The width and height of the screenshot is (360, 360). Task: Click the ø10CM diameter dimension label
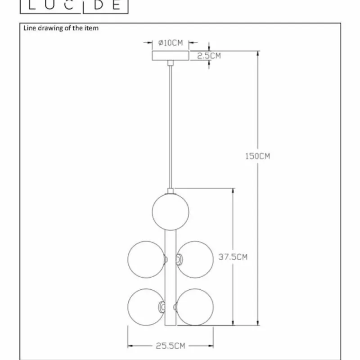coord(171,43)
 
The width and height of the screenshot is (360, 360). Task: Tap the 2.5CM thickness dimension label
coord(209,56)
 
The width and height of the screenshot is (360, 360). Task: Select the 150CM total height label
coord(257,156)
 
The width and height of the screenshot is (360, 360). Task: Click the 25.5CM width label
coord(171,346)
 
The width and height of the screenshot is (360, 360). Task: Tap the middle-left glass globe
coord(146,259)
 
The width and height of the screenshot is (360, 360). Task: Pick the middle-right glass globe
coord(195,259)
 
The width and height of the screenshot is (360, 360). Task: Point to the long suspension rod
coord(170,126)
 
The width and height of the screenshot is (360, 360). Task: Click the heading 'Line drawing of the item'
coord(61,28)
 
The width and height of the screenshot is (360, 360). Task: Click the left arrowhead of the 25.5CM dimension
coord(131,346)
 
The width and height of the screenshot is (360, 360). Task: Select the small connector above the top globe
coord(170,191)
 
